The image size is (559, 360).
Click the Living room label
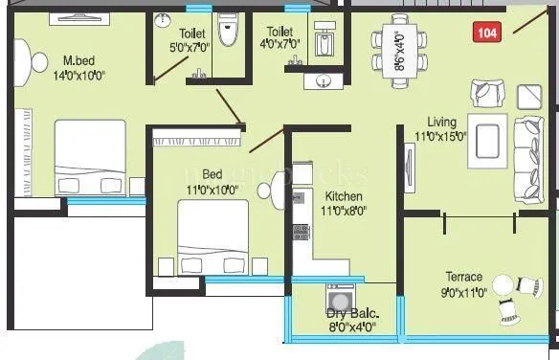pos(442,123)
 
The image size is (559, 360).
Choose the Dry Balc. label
pos(351,313)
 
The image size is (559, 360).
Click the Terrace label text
pos(462,277)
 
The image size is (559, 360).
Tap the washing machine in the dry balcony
pos(338,295)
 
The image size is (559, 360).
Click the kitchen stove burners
pos(301,231)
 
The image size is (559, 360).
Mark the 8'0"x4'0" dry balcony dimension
pos(352,326)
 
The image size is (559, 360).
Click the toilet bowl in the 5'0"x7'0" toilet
pos(225,30)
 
